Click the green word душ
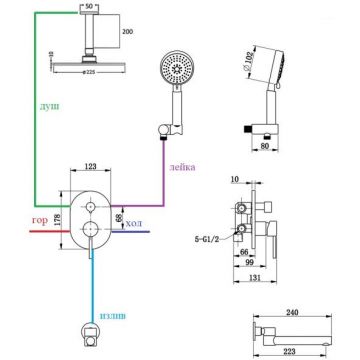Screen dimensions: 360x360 point(50,107)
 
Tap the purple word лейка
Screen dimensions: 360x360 point(182,167)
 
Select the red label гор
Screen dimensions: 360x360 point(40,221)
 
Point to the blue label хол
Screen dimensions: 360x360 point(133,223)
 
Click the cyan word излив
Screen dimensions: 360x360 point(113,316)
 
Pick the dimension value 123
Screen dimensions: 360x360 point(90,166)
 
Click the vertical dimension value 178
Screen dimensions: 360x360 point(57,220)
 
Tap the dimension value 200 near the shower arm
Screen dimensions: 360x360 point(127,32)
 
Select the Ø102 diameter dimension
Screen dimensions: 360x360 point(250,61)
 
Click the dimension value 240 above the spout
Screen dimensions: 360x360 point(292,312)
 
